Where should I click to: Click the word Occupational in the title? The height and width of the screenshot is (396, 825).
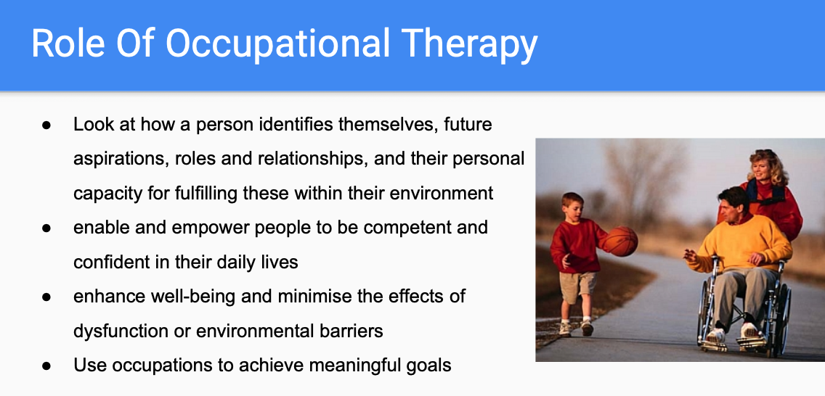pyautogui.click(x=280, y=45)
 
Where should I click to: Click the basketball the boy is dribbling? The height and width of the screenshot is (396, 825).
pyautogui.click(x=619, y=241)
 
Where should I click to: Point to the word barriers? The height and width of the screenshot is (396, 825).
pyautogui.click(x=347, y=331)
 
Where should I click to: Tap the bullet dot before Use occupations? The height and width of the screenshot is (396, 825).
pyautogui.click(x=46, y=366)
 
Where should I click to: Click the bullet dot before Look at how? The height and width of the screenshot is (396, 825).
pyautogui.click(x=46, y=125)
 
